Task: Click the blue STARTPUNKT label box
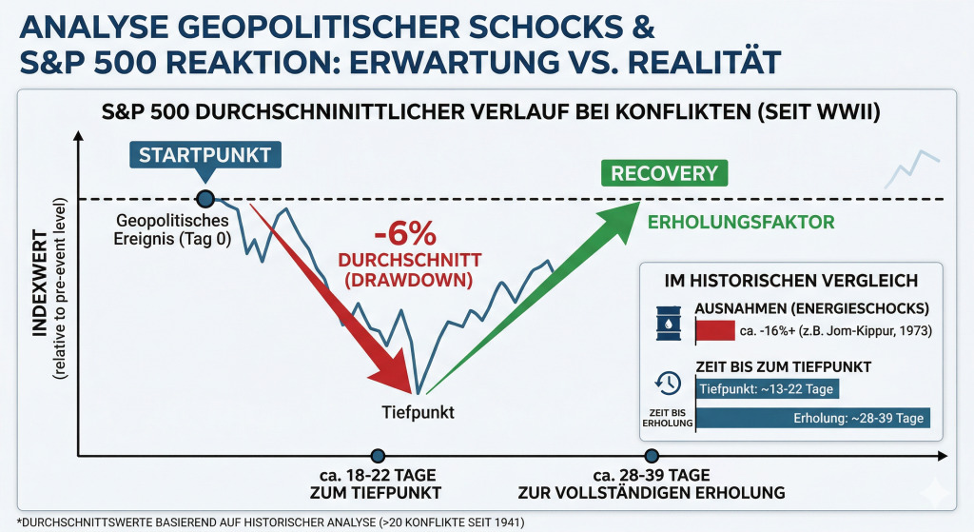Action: [x=205, y=155]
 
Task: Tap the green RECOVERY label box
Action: [x=663, y=173]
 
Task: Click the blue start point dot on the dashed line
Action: [x=205, y=199]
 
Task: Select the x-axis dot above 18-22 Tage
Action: [x=379, y=456]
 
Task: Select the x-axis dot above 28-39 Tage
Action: [x=652, y=456]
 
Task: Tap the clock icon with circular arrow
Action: [x=669, y=383]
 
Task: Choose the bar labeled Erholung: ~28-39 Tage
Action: [x=814, y=418]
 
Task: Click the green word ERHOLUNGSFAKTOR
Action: [x=740, y=223]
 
